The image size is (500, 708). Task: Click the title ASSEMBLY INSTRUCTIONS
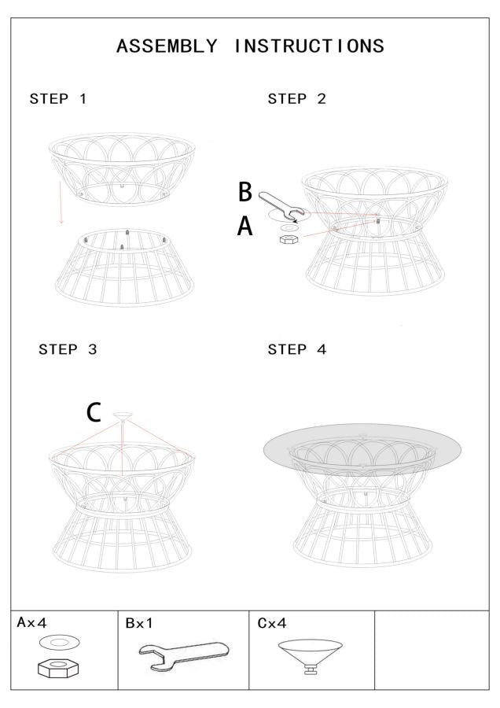[250, 46]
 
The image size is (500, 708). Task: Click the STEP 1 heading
[58, 99]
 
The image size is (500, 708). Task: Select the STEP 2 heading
[297, 99]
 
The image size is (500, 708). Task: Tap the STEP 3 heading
[68, 350]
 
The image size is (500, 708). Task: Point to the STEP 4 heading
[297, 350]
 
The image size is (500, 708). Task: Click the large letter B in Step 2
[245, 192]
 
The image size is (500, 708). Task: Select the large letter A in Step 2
[245, 227]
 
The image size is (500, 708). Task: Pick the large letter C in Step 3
[94, 413]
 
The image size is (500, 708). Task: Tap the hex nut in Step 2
[288, 238]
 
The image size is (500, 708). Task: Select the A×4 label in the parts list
[34, 623]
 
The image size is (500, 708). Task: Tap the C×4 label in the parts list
[272, 623]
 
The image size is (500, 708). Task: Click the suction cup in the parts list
[311, 654]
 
